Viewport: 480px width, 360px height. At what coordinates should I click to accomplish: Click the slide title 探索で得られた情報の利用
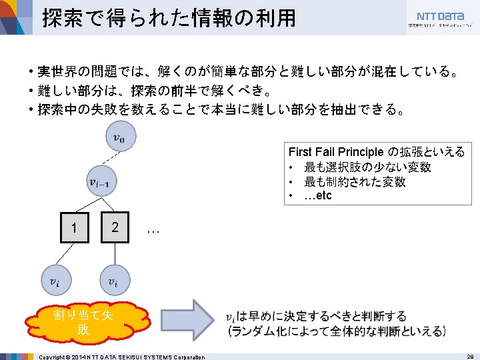(x=169, y=18)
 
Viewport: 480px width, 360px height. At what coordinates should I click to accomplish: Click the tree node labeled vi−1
(x=103, y=181)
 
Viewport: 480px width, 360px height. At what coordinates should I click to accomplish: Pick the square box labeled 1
(x=74, y=228)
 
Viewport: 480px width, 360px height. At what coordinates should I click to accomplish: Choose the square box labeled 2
(x=115, y=227)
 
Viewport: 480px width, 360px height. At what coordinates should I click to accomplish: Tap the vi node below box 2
(x=115, y=281)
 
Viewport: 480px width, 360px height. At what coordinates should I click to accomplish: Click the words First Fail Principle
(x=336, y=152)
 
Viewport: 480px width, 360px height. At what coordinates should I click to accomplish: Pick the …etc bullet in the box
(x=317, y=195)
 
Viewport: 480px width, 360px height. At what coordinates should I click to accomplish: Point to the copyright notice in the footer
(x=121, y=357)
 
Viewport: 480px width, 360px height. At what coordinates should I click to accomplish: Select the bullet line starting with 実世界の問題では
(x=247, y=71)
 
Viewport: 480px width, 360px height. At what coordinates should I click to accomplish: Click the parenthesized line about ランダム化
(x=336, y=331)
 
